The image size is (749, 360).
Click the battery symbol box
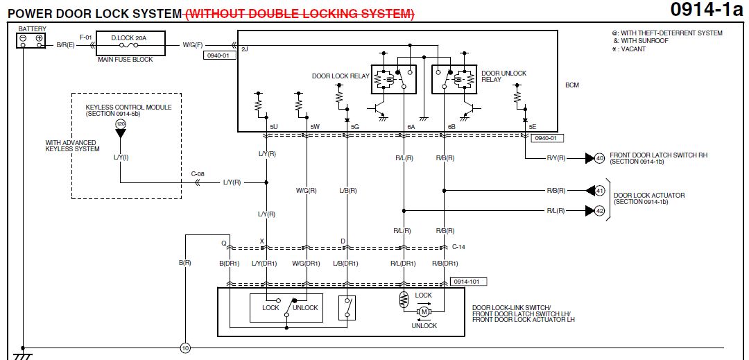pos(31,40)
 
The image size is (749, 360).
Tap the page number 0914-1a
pos(707,10)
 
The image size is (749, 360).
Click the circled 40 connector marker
pos(600,158)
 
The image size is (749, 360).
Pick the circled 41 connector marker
pos(600,190)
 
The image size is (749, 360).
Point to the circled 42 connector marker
pos(600,210)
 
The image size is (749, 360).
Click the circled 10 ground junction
pos(184,348)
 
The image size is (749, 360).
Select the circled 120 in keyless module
pos(121,123)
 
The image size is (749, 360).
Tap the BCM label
pos(572,85)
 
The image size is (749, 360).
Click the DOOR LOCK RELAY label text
pos(340,76)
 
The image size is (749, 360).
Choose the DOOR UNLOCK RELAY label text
pos(503,76)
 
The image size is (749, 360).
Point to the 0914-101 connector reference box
pos(466,282)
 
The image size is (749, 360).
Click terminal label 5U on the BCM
pos(274,126)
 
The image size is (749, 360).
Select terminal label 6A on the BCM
pos(411,126)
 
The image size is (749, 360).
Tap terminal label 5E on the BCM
pos(532,126)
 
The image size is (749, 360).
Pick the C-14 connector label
pos(458,247)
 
